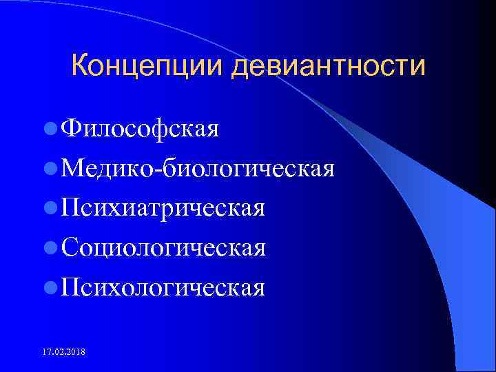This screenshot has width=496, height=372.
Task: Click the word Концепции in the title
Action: (149, 67)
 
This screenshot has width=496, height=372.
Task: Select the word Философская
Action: (140, 128)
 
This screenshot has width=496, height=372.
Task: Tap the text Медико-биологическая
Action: (198, 168)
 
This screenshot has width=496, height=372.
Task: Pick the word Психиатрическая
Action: (163, 208)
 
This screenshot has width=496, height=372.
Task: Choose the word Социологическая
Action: (163, 247)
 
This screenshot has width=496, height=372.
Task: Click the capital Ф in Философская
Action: (71, 128)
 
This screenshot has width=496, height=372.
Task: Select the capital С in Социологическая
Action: (69, 247)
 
